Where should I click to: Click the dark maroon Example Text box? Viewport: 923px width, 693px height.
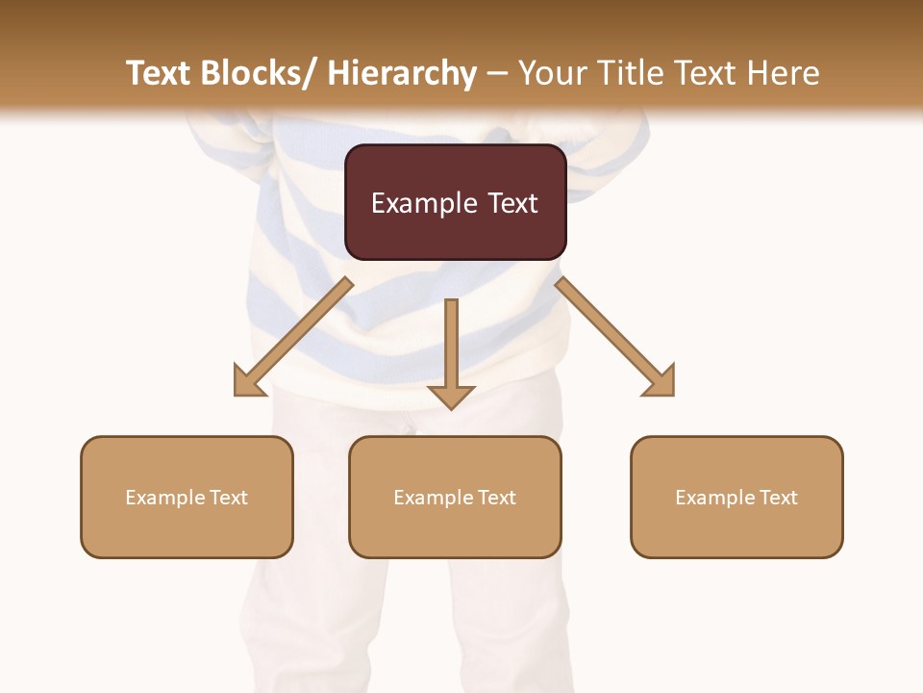(455, 202)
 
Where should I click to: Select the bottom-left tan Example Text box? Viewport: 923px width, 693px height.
(187, 497)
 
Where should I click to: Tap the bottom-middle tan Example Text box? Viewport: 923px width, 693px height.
(455, 497)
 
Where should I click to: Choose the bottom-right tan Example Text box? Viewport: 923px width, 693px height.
(736, 497)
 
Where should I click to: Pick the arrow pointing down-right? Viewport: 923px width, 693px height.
(615, 337)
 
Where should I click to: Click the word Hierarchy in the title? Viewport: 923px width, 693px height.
(402, 74)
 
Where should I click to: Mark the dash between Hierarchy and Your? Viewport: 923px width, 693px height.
(497, 74)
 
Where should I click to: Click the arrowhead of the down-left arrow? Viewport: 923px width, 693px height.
(248, 382)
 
